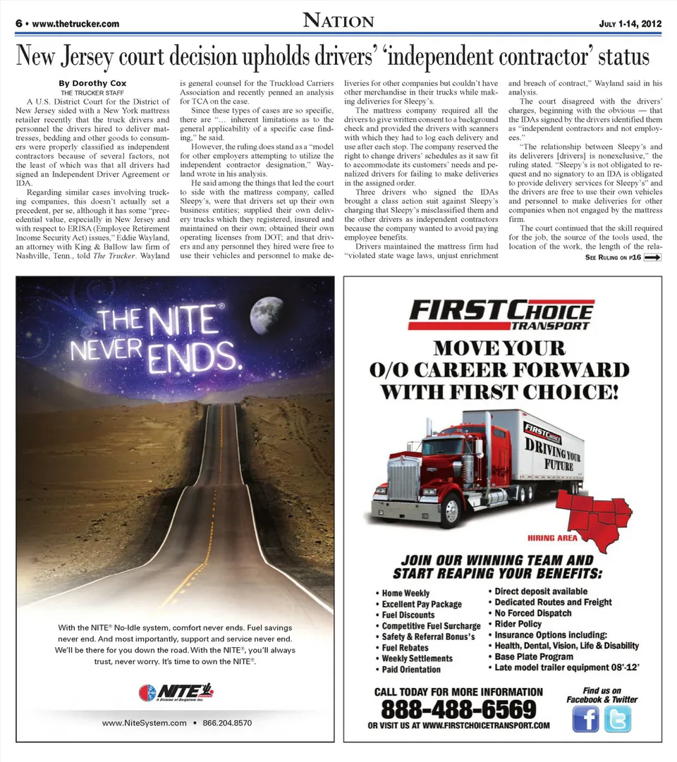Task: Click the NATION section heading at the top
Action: click(x=338, y=20)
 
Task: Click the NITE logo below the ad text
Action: click(x=176, y=692)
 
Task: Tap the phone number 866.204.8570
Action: click(x=226, y=723)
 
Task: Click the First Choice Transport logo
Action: click(x=501, y=314)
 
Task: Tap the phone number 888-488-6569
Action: click(x=458, y=708)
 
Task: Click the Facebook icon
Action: click(x=585, y=719)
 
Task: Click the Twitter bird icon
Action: click(x=617, y=719)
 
